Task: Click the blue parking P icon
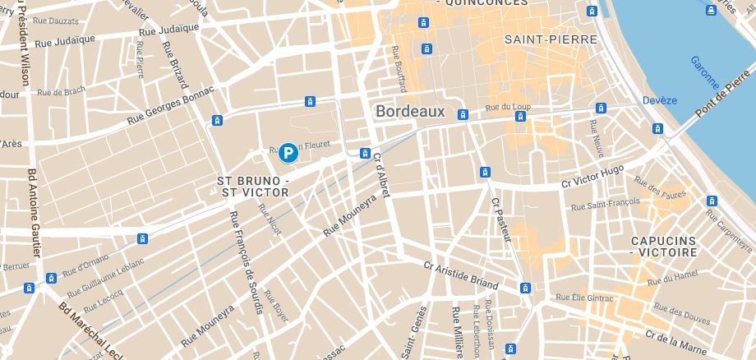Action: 288,152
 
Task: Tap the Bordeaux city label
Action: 409,112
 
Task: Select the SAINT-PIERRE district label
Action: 538,39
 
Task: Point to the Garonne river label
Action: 705,74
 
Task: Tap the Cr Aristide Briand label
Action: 461,275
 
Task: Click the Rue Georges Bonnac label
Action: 170,107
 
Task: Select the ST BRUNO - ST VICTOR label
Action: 253,186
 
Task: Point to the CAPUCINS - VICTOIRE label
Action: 663,247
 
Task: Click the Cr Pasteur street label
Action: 501,219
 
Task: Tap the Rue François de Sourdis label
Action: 246,262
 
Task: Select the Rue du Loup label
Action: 505,107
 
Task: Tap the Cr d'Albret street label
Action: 382,173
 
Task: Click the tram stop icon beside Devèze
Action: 657,128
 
